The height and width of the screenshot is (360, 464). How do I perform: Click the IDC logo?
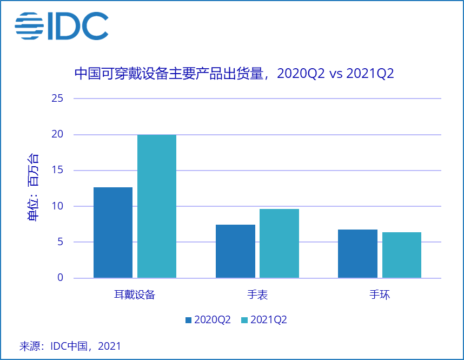click(61, 25)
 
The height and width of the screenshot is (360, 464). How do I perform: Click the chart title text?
click(234, 74)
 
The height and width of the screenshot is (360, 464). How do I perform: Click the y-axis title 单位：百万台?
click(34, 188)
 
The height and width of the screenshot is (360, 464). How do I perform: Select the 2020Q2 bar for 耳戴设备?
click(113, 233)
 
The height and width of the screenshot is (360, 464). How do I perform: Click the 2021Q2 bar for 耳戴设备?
click(157, 206)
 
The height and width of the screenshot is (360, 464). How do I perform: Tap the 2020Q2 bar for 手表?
click(235, 251)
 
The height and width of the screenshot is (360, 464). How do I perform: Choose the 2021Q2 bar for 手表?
click(279, 244)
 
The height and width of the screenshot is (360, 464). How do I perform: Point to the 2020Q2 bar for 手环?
click(357, 253)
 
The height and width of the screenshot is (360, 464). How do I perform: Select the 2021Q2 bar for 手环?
click(401, 255)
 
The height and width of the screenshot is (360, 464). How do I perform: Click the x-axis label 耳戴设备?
click(135, 295)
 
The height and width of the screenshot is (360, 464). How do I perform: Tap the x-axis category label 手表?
click(257, 295)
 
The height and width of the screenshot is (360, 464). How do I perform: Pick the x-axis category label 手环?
click(380, 295)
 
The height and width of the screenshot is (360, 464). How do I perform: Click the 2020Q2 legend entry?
click(208, 320)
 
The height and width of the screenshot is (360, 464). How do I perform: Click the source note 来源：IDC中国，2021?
click(70, 346)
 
